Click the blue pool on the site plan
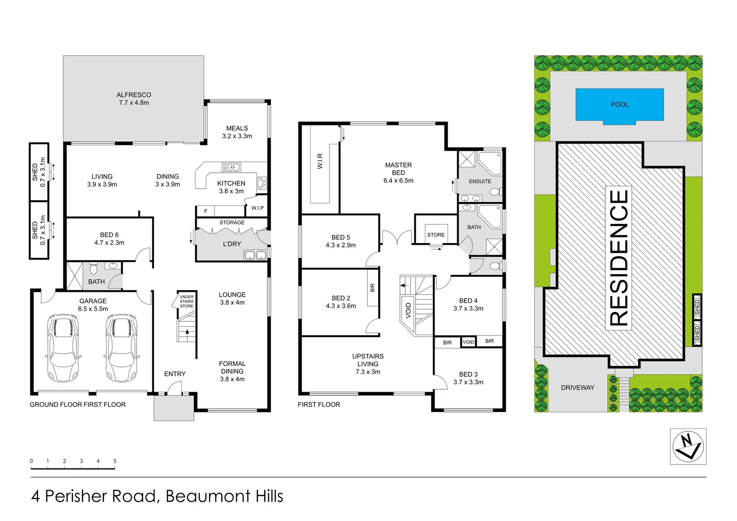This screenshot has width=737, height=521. (x=619, y=105)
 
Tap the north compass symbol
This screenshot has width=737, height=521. (x=688, y=446)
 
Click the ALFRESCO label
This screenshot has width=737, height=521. (x=134, y=95)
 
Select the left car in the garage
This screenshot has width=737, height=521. (x=63, y=347)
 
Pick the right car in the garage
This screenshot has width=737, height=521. (x=121, y=347)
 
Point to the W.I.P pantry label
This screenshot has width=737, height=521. (x=258, y=208)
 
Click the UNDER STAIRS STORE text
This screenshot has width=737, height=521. (x=187, y=302)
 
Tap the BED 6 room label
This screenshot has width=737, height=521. (x=109, y=235)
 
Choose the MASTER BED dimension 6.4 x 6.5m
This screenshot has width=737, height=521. (x=398, y=180)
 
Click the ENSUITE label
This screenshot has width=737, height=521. (x=480, y=181)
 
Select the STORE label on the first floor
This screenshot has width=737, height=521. (x=436, y=235)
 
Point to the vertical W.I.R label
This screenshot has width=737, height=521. (x=320, y=161)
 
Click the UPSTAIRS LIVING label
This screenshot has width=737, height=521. (x=368, y=360)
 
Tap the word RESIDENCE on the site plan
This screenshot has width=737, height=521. (x=619, y=258)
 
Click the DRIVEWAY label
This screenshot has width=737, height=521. (x=577, y=387)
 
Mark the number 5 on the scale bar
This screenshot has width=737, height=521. (x=115, y=461)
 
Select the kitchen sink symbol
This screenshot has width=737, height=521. (x=231, y=167)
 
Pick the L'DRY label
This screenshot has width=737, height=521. (x=232, y=244)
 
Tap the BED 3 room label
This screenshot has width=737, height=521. (x=468, y=374)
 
